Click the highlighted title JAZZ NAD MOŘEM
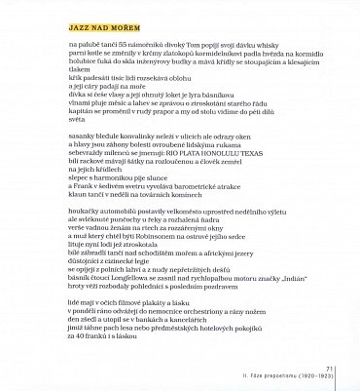coord(104,46)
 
